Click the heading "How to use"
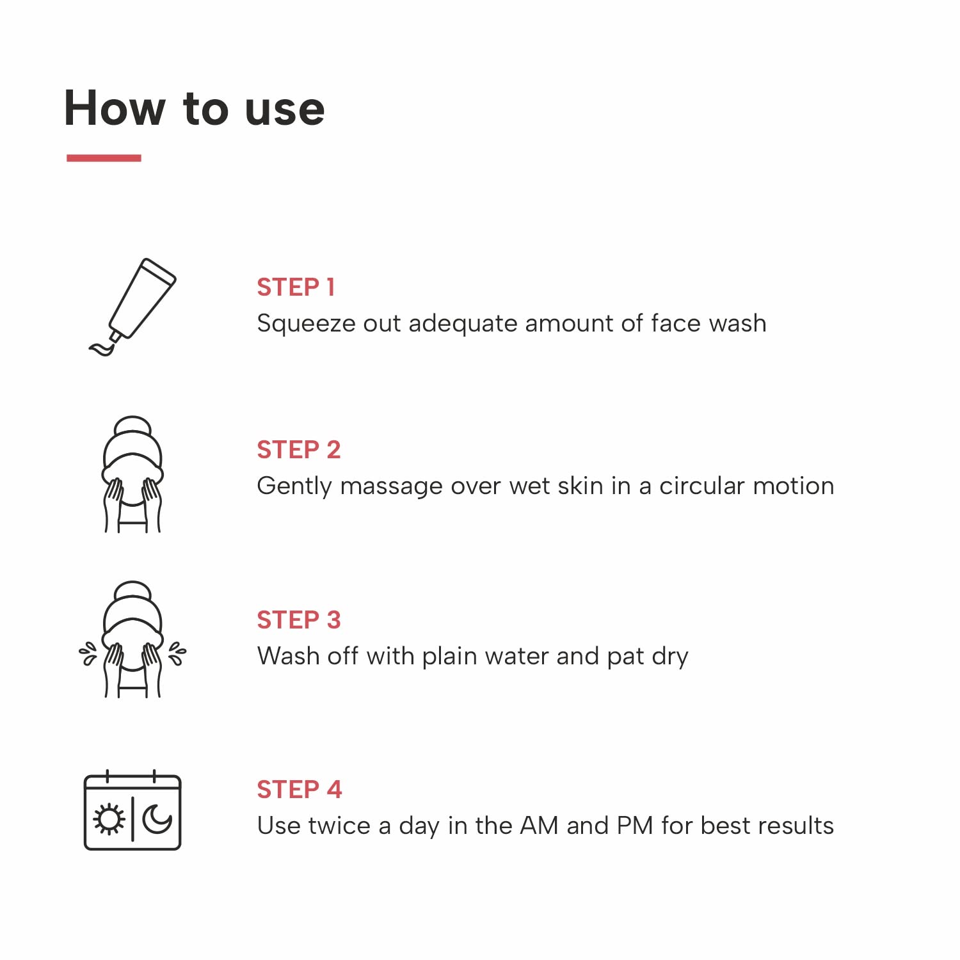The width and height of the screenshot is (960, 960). tap(195, 108)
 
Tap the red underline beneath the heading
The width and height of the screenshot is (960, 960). tap(104, 158)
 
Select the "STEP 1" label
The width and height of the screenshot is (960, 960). tap(296, 287)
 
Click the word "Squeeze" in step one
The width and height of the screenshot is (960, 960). tap(305, 324)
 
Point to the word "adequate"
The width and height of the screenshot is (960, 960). tap(462, 324)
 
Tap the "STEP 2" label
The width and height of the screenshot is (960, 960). tap(298, 450)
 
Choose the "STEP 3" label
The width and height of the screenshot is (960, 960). tap(298, 620)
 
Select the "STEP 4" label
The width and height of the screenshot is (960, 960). tap(299, 790)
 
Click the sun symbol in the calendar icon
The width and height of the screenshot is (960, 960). tap(109, 819)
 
